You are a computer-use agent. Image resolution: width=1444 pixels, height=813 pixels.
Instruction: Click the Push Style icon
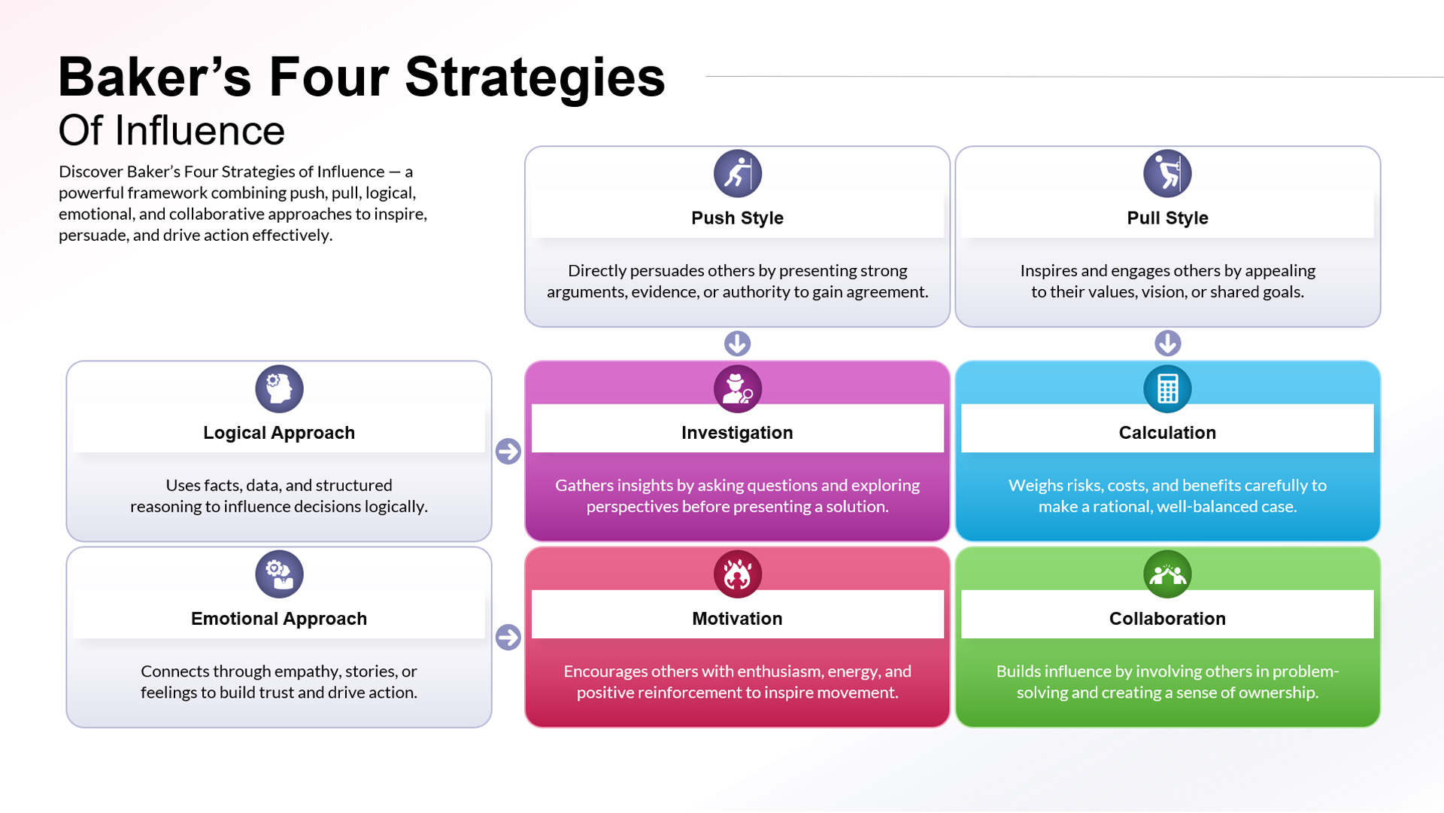[737, 173]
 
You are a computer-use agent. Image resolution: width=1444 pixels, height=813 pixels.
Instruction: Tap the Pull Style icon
[1167, 173]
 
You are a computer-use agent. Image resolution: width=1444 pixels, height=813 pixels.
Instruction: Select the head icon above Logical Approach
[279, 388]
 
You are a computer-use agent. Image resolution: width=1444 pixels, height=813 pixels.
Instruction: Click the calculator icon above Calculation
[1167, 388]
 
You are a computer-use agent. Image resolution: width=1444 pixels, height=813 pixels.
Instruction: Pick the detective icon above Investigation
[737, 388]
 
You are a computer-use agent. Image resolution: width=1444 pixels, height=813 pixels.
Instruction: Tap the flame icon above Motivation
[737, 574]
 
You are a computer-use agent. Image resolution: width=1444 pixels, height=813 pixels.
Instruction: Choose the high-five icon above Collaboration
[1167, 574]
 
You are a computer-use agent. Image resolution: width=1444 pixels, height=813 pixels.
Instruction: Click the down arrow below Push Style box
[737, 343]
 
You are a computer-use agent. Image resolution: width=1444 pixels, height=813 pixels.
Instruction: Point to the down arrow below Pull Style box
[1167, 343]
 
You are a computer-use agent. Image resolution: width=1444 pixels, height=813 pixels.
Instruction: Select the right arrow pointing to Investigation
[508, 451]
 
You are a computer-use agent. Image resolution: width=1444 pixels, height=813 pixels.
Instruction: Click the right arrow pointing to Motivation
[508, 637]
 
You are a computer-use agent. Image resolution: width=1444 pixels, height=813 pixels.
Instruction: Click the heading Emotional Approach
[279, 619]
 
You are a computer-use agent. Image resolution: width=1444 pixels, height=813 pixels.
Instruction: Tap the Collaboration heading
[1167, 619]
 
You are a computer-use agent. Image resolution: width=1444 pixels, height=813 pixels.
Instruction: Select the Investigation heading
[737, 433]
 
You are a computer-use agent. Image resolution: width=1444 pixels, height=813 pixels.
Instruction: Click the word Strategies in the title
[535, 78]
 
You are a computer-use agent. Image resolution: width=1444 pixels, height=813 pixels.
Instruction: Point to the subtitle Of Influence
[171, 131]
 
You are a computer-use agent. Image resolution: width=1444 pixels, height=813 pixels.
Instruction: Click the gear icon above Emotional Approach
[279, 574]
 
